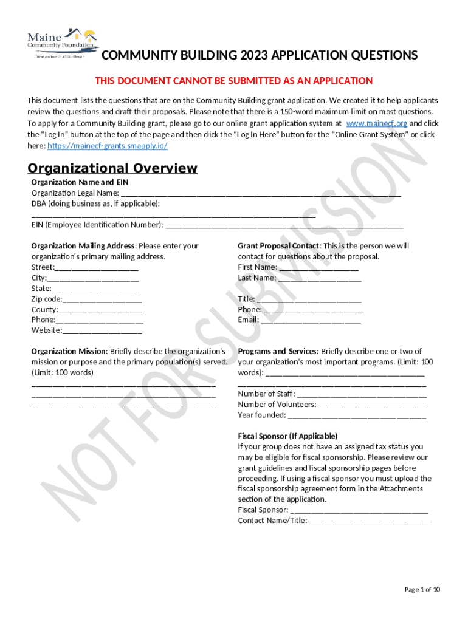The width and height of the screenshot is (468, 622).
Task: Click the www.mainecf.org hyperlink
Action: coord(376,123)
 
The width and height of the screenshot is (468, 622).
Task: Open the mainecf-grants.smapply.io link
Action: coord(107,146)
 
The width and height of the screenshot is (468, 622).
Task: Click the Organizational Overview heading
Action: coord(112,168)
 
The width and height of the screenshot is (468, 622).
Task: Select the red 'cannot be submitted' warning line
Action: coord(234,81)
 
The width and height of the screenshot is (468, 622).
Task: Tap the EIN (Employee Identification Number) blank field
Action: coord(284,225)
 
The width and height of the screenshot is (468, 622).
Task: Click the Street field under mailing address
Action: coord(97,267)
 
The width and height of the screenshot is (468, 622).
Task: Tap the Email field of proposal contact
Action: coord(311,320)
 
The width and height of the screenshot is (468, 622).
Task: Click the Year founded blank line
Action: coord(357,415)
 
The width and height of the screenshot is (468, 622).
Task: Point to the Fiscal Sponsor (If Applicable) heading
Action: coord(287,436)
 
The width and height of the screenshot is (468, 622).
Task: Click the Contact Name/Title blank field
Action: coord(370,521)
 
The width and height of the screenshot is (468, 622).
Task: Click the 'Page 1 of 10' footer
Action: coord(422,590)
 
